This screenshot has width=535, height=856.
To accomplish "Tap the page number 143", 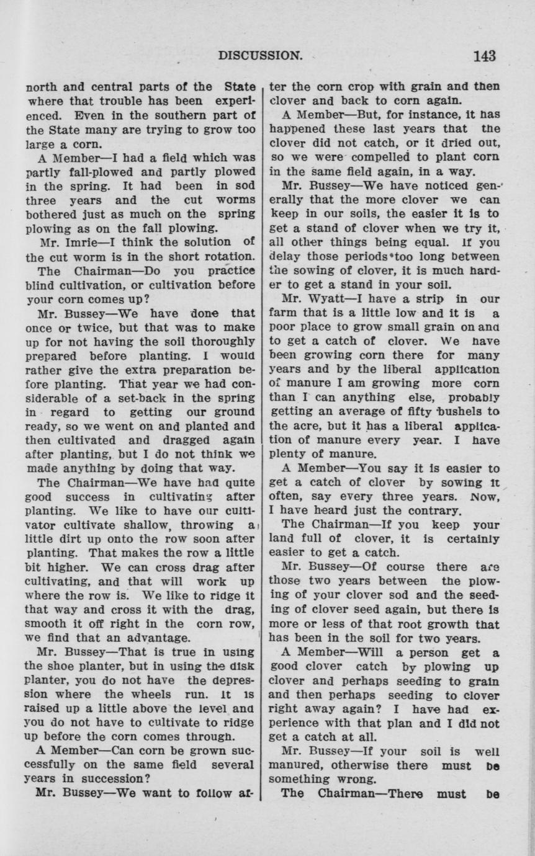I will click(x=484, y=56).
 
